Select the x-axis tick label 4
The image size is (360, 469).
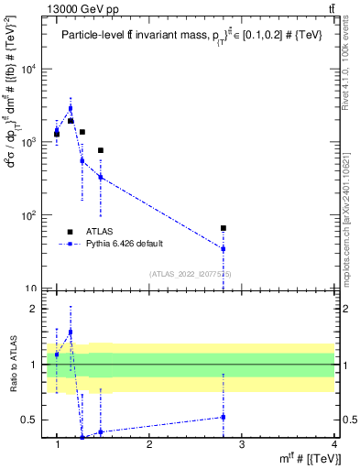point(333,445)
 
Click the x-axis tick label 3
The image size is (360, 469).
point(242,445)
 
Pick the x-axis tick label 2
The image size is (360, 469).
point(149,445)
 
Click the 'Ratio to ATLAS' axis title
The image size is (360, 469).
point(13,364)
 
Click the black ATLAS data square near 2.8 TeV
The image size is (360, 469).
point(224,228)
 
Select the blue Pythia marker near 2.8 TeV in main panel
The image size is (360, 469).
point(224,248)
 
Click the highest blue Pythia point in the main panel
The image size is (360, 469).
point(70,108)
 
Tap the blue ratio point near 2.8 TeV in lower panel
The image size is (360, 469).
point(224,417)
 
